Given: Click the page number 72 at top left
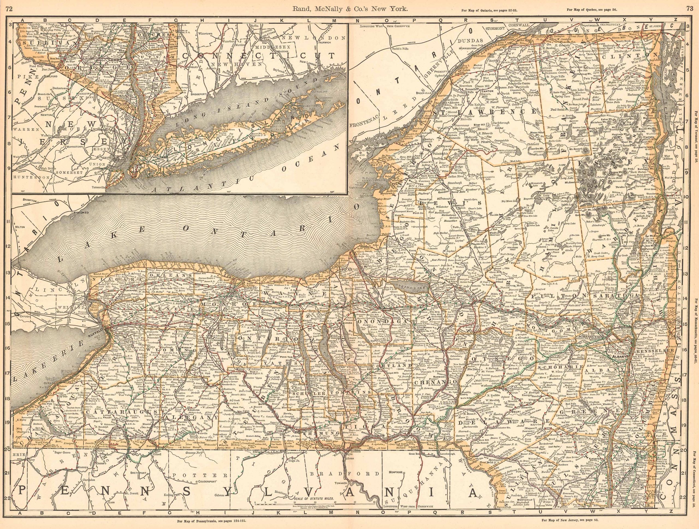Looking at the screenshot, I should [10, 9].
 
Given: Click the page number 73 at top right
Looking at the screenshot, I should [690, 9].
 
